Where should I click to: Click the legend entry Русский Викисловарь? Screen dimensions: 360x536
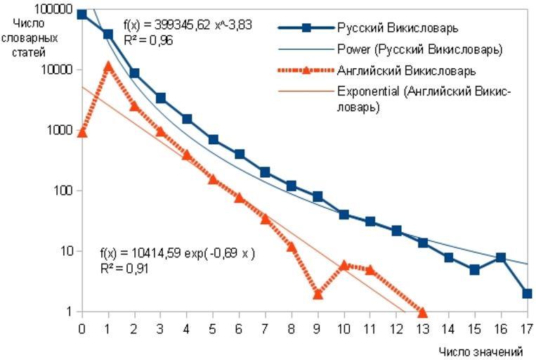click(398, 28)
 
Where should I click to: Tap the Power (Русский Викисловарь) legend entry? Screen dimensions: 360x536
click(419, 50)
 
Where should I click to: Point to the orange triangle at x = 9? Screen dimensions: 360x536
click(318, 293)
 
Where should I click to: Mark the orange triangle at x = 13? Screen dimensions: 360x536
click(422, 311)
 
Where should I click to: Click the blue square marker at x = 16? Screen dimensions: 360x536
click(501, 257)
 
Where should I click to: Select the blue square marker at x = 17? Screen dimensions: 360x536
click(527, 293)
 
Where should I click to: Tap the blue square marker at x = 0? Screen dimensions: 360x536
click(82, 14)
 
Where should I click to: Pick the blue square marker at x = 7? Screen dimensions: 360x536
click(265, 172)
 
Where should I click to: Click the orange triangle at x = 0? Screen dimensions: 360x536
click(82, 131)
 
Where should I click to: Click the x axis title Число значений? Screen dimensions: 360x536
click(481, 351)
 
